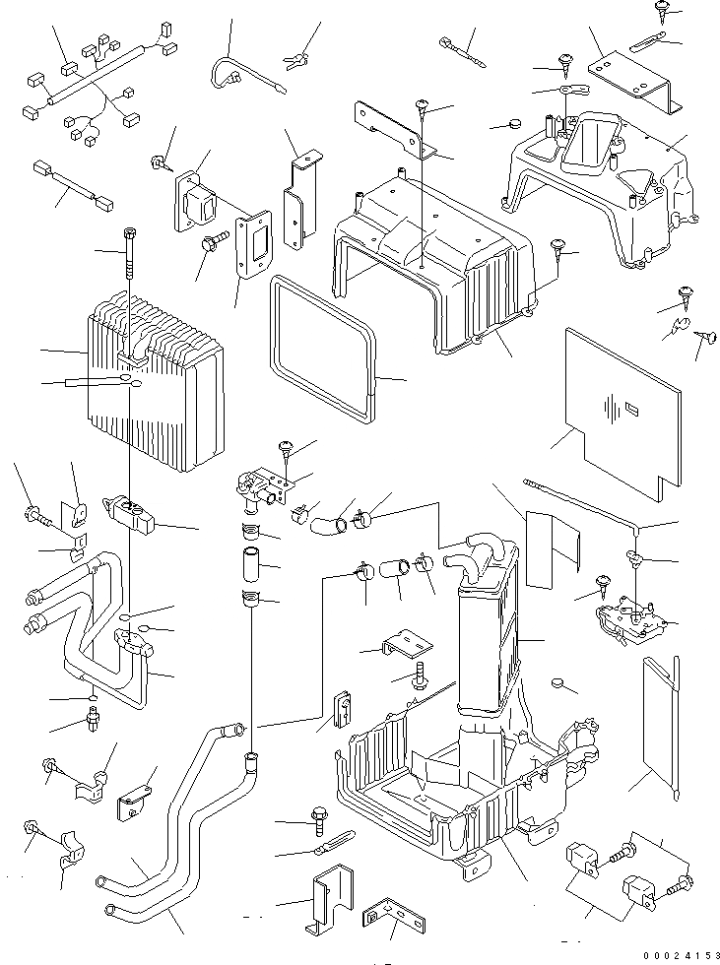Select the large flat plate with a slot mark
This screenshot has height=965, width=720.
tap(620, 404)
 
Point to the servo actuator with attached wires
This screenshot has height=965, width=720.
tap(630, 620)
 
